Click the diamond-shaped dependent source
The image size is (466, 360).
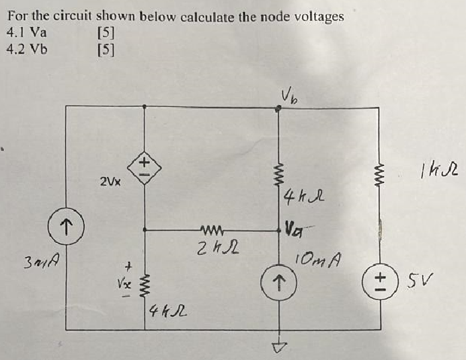(x=144, y=166)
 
